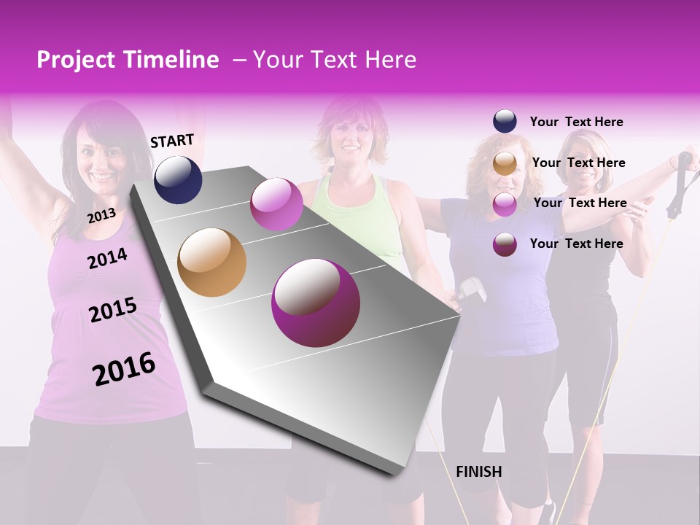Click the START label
[x=172, y=141]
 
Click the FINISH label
[x=478, y=472]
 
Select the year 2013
[x=101, y=216]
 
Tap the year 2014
[x=107, y=258]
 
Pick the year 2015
[x=112, y=310]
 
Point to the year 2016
[x=124, y=369]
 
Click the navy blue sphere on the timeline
[x=178, y=179]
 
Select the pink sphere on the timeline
[x=276, y=204]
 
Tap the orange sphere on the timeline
[x=212, y=262]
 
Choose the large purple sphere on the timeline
[x=316, y=303]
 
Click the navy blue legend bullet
[x=505, y=122]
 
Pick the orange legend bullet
[x=505, y=163]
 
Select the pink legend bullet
[x=505, y=203]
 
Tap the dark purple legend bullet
[x=505, y=244]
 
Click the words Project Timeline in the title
[x=128, y=60]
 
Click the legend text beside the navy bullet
[x=576, y=122]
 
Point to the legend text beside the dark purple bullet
[x=576, y=244]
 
